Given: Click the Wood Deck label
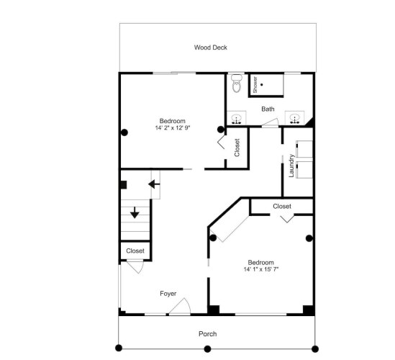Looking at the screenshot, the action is tap(211, 48).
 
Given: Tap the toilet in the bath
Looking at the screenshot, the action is tap(237, 84).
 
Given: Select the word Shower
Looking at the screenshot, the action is tap(255, 84).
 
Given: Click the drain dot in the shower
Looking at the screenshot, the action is tap(261, 85).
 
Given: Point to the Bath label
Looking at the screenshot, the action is tap(268, 109).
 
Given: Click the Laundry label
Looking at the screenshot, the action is tap(291, 166).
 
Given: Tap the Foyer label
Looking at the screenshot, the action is tap(168, 294).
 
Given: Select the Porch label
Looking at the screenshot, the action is tap(208, 334).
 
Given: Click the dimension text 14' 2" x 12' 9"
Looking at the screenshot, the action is tap(173, 128).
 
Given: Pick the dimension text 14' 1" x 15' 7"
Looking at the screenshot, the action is tap(261, 269).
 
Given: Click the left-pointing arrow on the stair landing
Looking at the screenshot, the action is tap(154, 184).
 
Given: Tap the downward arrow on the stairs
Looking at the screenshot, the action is tap(135, 212).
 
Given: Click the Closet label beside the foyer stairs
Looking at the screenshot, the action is tap(135, 251).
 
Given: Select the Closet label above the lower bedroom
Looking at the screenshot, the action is tap(282, 206).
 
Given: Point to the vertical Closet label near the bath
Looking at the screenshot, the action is tap(237, 148).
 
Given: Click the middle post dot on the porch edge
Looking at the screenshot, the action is tap(207, 349).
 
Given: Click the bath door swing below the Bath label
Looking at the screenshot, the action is tap(271, 122).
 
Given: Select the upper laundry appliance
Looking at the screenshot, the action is tap(304, 149).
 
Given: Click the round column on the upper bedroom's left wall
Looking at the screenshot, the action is tap(124, 132).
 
